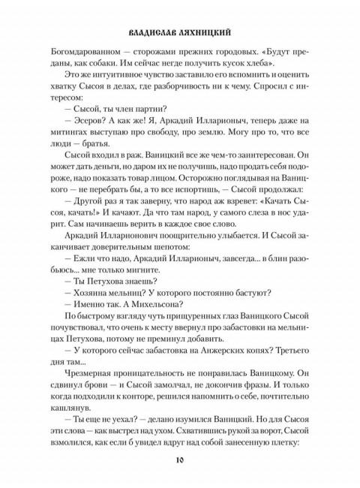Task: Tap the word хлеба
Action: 238,70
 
